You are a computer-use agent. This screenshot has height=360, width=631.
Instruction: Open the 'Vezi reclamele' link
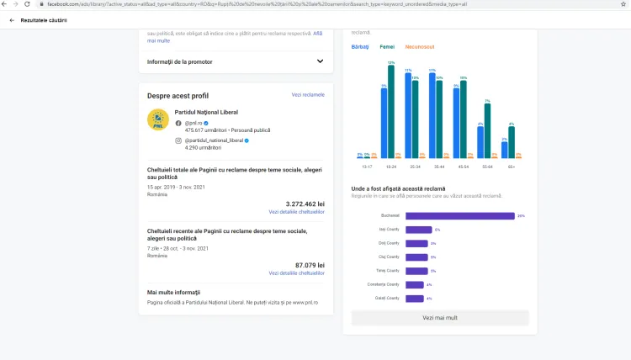click(x=308, y=95)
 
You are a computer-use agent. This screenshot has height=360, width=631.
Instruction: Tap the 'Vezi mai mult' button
click(x=439, y=318)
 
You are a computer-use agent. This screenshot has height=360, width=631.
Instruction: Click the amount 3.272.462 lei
click(x=305, y=204)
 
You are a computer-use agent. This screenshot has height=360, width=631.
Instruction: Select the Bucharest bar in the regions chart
click(x=459, y=215)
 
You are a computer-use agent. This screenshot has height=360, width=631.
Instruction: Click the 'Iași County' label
click(x=389, y=230)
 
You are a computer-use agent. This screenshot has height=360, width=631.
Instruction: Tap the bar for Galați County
click(x=415, y=298)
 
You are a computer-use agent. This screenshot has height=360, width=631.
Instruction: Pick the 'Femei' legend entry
click(x=387, y=46)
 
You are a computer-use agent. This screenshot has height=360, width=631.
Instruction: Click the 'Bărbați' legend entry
click(x=360, y=46)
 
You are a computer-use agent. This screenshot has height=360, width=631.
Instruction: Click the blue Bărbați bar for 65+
click(x=504, y=150)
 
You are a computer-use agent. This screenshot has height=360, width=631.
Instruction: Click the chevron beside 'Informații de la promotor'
click(x=320, y=61)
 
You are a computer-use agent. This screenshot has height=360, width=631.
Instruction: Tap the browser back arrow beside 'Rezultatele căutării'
click(x=12, y=19)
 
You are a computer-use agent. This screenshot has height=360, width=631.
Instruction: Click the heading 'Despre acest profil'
click(x=178, y=96)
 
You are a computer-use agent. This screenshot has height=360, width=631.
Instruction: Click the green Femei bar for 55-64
click(x=487, y=131)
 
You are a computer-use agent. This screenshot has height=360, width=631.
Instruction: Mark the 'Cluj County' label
click(x=389, y=257)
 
